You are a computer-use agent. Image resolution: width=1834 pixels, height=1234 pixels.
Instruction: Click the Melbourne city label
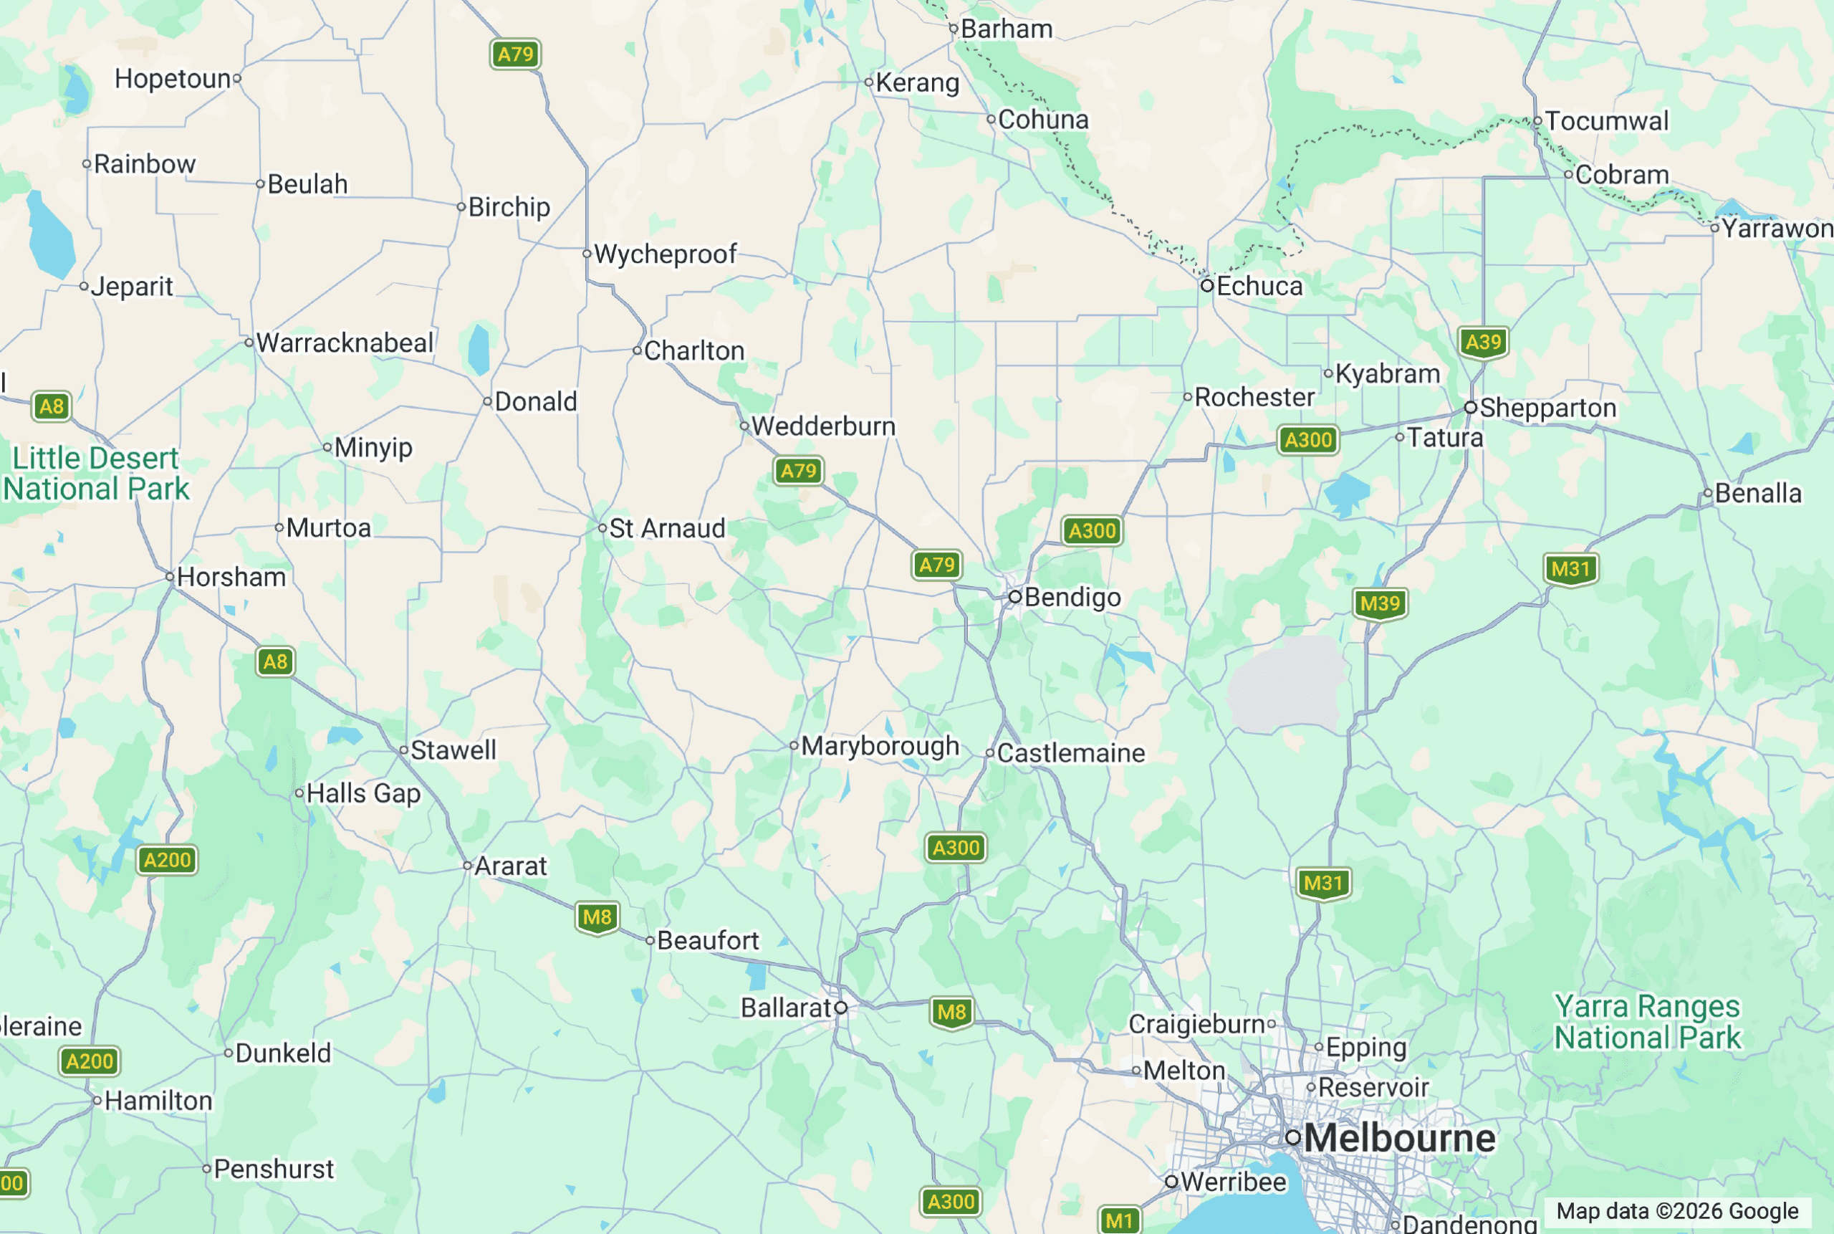tap(1399, 1138)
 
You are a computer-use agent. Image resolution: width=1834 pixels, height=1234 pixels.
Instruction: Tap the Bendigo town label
tap(1072, 598)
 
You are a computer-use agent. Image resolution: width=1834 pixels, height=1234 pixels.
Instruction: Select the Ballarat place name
tap(785, 1008)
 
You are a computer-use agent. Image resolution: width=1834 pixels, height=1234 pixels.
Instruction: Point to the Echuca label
tap(1259, 286)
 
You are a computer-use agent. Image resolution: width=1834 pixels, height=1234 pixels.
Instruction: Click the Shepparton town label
tap(1547, 408)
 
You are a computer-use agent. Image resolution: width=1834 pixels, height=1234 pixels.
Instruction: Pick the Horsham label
tap(231, 577)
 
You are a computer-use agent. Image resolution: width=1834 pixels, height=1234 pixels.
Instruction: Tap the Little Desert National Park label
tap(96, 474)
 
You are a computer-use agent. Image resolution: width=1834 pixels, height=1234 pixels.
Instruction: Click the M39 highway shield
tap(1380, 603)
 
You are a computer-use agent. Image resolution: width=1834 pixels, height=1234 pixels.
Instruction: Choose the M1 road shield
tap(1119, 1220)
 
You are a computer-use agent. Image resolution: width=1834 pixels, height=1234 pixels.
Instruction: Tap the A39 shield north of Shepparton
tap(1483, 343)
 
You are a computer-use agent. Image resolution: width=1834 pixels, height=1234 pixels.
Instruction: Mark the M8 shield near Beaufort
tap(597, 917)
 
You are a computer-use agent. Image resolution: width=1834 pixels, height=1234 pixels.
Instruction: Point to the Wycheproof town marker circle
tap(587, 254)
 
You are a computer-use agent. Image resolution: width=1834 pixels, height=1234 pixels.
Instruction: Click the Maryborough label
tap(880, 746)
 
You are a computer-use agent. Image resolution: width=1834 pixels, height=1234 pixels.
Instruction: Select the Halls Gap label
tap(363, 793)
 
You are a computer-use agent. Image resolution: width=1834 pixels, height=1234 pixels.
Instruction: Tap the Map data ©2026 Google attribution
tap(1676, 1211)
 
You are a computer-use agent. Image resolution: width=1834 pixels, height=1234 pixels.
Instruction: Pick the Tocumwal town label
tap(1606, 121)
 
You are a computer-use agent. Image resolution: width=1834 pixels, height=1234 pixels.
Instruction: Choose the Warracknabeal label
tap(344, 343)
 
